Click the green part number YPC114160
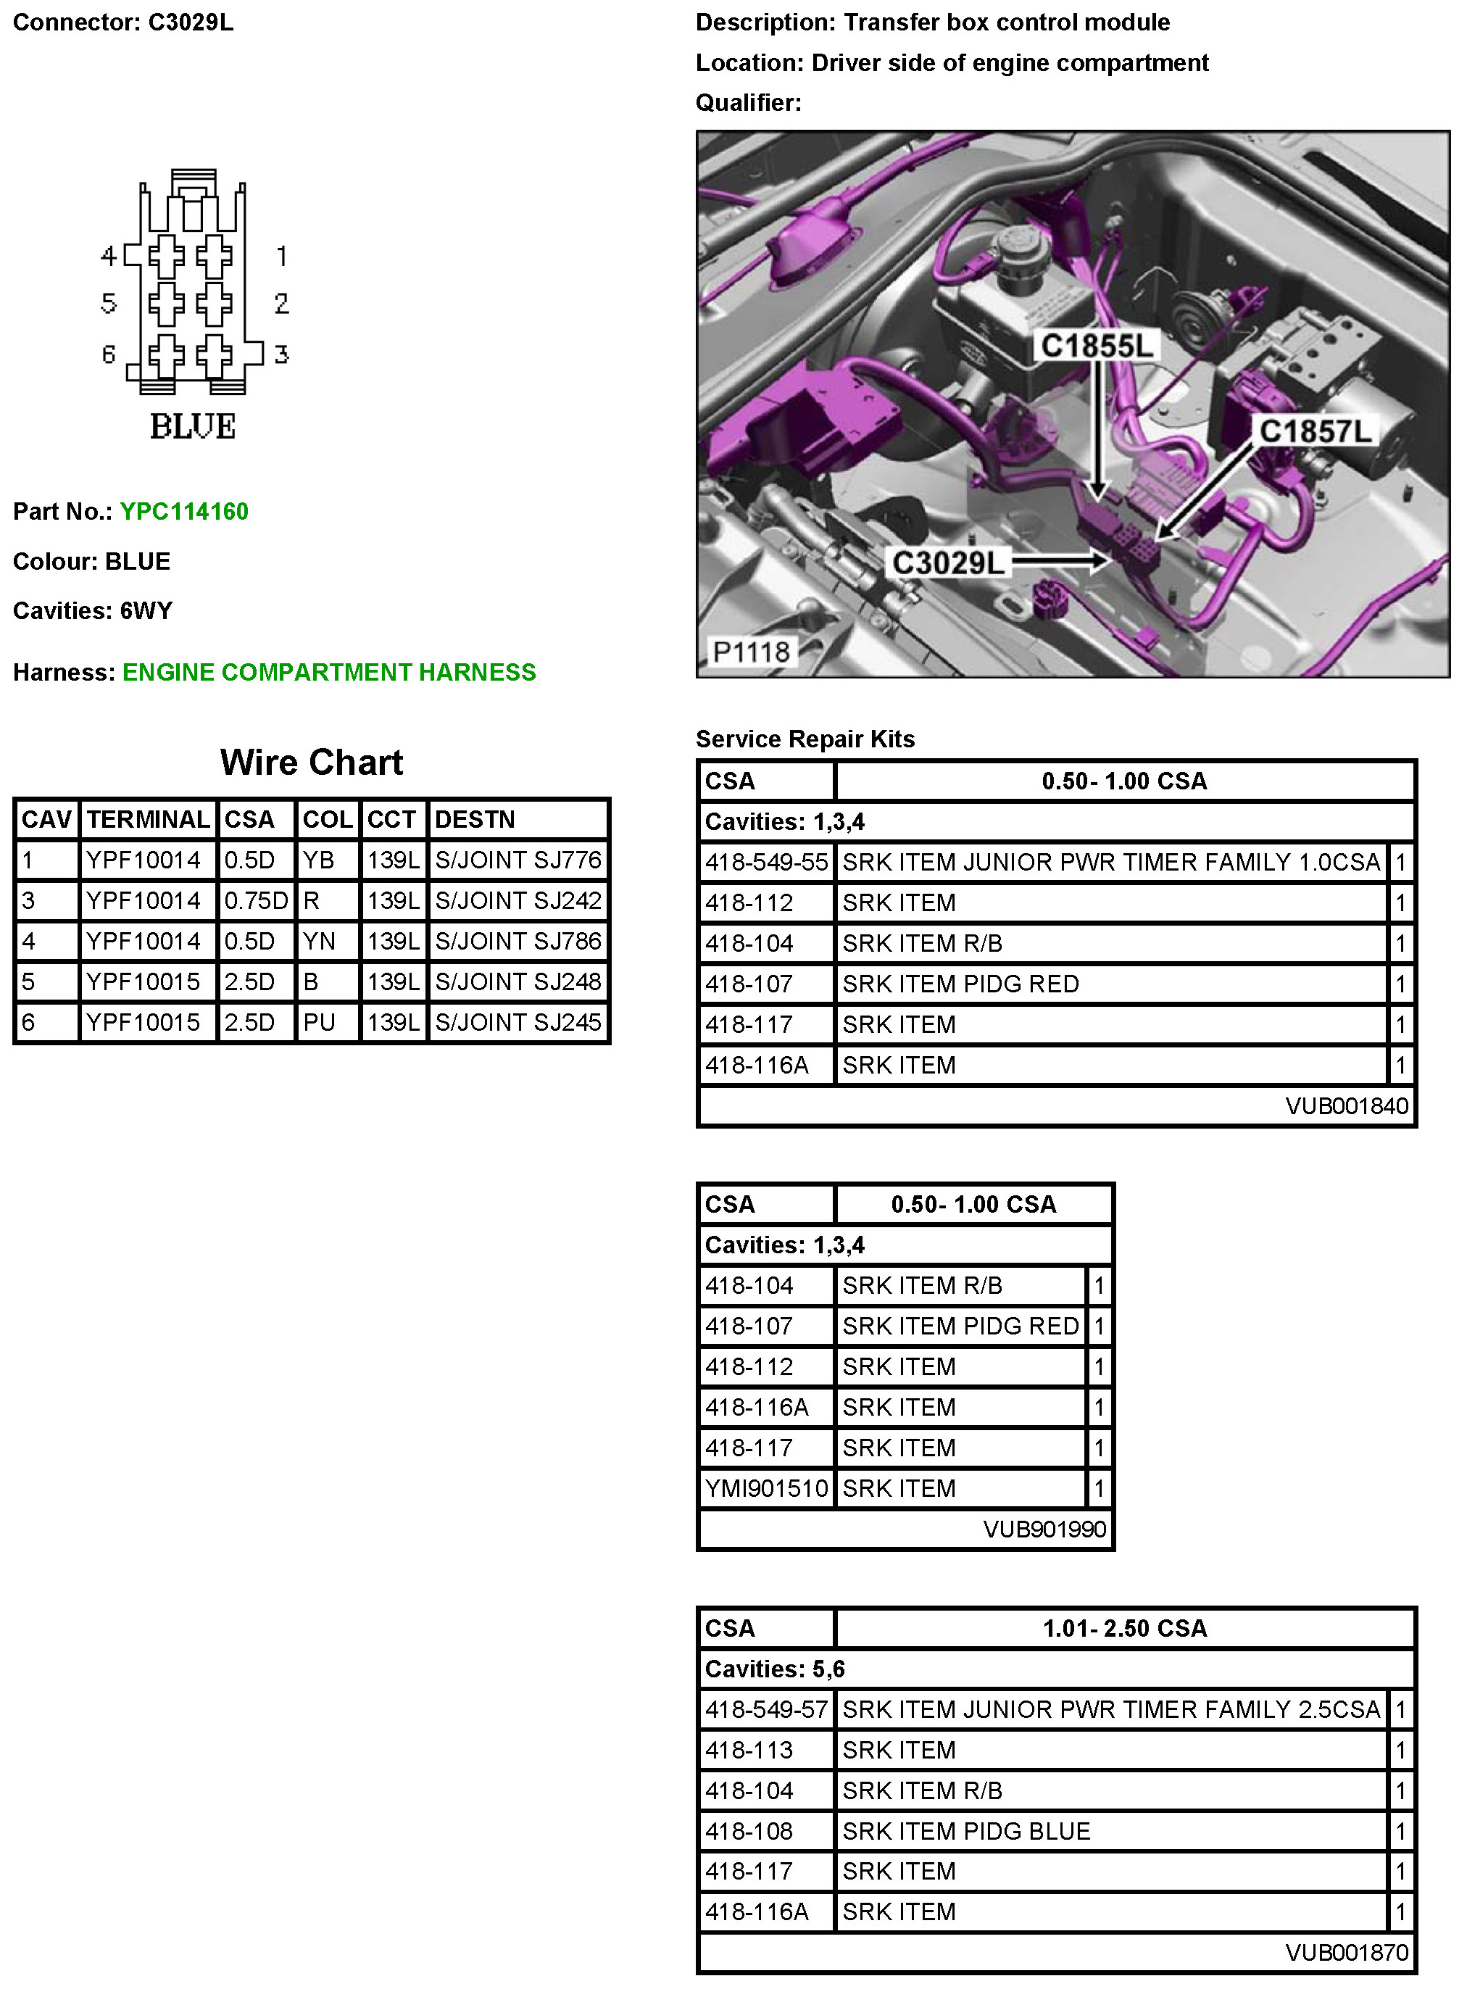(x=184, y=512)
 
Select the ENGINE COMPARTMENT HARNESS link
(x=328, y=672)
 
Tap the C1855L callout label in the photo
(x=1097, y=346)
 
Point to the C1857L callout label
(x=1315, y=431)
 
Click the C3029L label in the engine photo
(x=947, y=562)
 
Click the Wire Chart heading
(x=311, y=762)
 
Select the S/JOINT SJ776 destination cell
(x=518, y=860)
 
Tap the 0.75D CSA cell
(x=256, y=900)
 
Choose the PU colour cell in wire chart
(x=319, y=1022)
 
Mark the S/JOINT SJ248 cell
(x=518, y=981)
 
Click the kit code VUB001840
(x=1346, y=1105)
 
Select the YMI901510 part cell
(x=766, y=1488)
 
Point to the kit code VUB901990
(x=1044, y=1529)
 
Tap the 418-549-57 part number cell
(x=766, y=1709)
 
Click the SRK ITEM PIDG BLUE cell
(x=965, y=1831)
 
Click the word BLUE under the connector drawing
(x=193, y=426)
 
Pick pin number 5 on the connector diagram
(x=108, y=304)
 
